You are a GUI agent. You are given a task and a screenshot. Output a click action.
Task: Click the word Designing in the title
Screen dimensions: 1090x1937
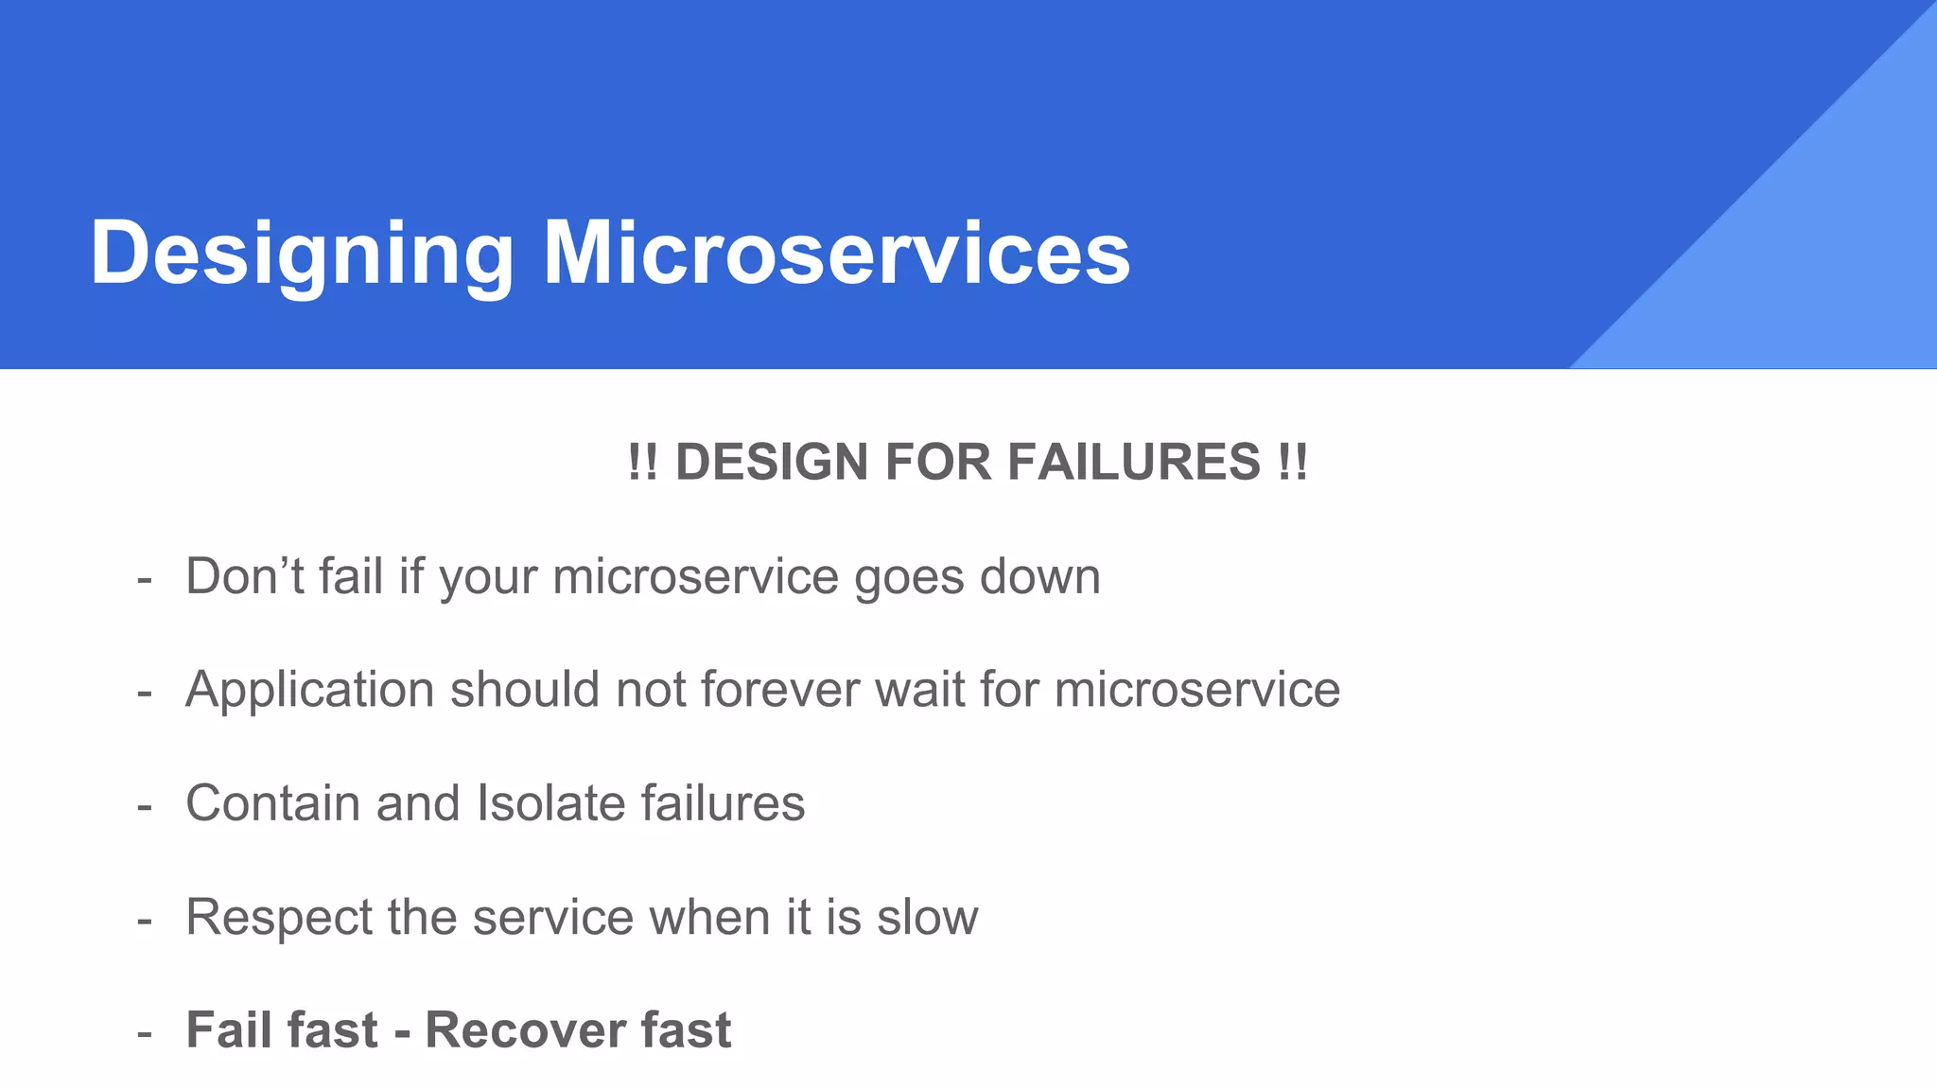click(301, 254)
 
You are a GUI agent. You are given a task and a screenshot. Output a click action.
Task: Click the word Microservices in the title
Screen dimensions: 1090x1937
click(836, 254)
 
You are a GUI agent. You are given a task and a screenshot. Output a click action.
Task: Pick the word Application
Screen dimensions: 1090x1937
click(309, 690)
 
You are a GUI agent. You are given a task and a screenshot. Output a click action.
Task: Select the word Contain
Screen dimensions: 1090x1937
click(272, 803)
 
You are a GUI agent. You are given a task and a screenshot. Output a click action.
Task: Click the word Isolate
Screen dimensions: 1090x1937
click(550, 803)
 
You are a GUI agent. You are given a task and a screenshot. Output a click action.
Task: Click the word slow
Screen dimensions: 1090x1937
click(927, 917)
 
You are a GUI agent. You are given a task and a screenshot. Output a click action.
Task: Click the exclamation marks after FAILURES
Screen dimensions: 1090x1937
click(1292, 463)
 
